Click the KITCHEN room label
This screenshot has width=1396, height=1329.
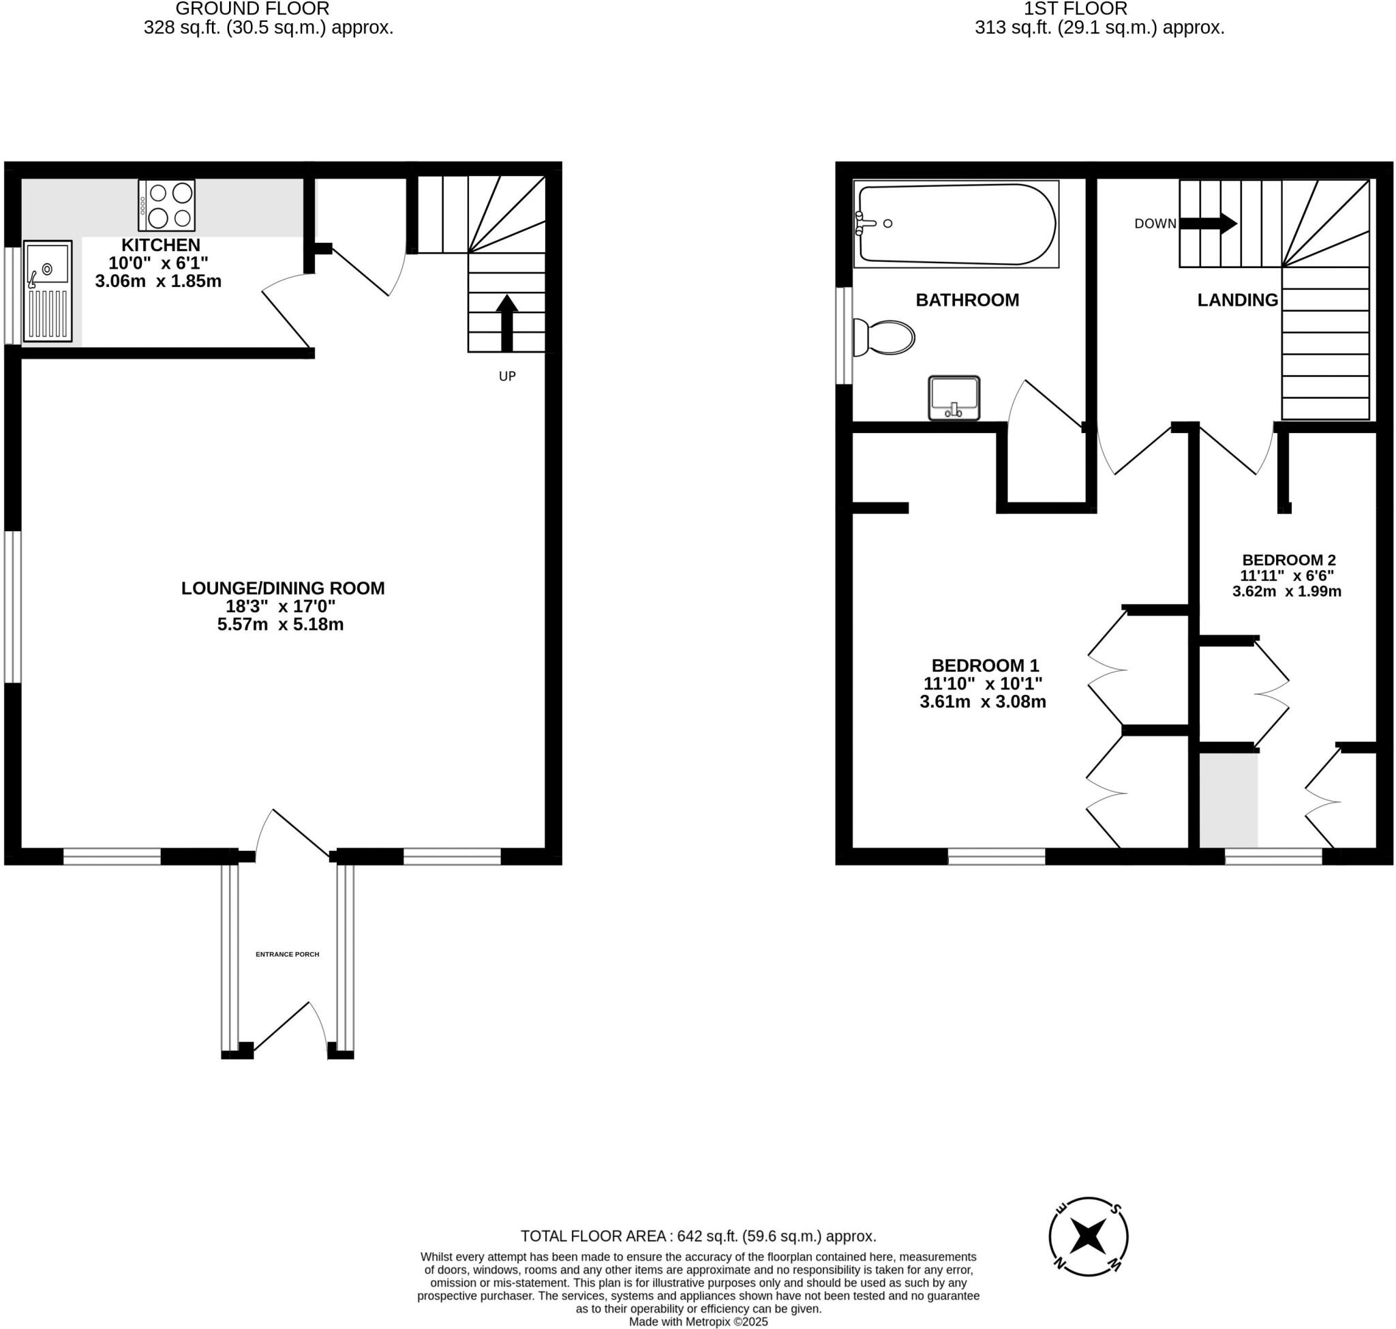pos(161,245)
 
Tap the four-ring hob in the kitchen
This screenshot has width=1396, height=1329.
pos(167,205)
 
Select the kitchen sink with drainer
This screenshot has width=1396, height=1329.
pos(48,291)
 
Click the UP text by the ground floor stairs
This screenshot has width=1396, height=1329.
pos(507,376)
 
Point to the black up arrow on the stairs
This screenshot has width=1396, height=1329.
pos(506,323)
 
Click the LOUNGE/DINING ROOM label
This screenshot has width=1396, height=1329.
pos(283,588)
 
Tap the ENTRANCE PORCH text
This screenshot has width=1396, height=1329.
pos(287,954)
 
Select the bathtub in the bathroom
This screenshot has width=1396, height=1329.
pos(956,224)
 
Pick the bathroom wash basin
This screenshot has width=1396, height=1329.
pos(954,398)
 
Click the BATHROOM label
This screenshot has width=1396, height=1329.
pos(967,299)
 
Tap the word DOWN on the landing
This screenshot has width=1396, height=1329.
pos(1155,224)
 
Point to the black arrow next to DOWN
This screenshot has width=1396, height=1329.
pos(1208,224)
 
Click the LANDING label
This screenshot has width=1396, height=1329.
pos(1236,299)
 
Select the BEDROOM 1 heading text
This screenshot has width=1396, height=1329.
pos(984,666)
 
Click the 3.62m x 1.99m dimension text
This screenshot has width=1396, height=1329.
pos(1286,591)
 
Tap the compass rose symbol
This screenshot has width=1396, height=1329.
pos(1087,1236)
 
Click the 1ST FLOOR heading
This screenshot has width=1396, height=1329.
pos(1074,10)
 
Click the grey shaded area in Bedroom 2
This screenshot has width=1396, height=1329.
pos(1228,800)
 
